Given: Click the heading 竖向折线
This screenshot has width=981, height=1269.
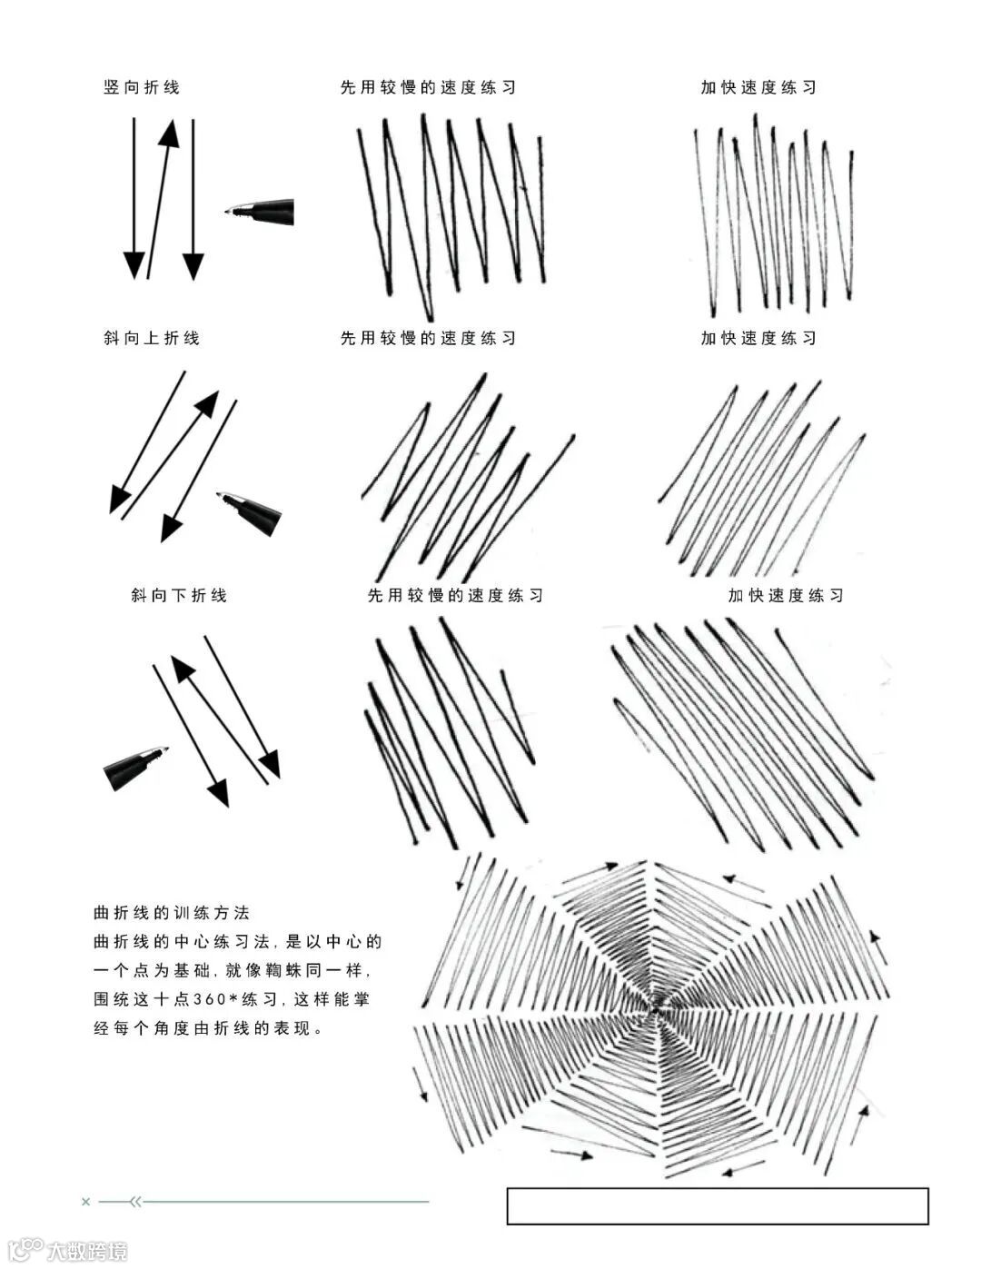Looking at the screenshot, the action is coord(142,87).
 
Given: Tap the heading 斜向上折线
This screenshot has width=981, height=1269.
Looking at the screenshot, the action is coord(152,338).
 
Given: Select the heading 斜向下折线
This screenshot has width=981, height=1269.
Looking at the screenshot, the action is coord(179,595).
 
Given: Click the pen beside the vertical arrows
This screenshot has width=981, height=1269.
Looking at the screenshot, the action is coord(260,213).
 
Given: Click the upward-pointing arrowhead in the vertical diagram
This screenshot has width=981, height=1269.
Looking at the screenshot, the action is coord(168,133).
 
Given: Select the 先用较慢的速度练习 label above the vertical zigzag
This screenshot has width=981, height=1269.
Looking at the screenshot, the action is coord(428,87).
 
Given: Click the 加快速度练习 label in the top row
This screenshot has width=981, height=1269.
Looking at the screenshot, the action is coord(758,87).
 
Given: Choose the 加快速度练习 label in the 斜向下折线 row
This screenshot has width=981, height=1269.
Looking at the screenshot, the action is coord(786,595).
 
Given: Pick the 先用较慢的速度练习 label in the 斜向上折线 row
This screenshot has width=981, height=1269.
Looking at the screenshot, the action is coord(428,338).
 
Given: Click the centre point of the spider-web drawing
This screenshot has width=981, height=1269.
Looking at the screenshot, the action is coord(655,1006).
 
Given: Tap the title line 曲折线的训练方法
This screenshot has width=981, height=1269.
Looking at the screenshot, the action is coord(172,913).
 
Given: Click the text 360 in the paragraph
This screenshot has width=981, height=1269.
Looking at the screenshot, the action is coord(209,999).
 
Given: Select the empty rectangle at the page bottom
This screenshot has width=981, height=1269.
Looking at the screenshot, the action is coord(718,1205).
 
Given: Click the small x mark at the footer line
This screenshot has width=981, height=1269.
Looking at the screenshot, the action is coord(86,1202).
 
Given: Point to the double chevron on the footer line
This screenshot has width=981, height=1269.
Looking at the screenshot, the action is coord(136,1202).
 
